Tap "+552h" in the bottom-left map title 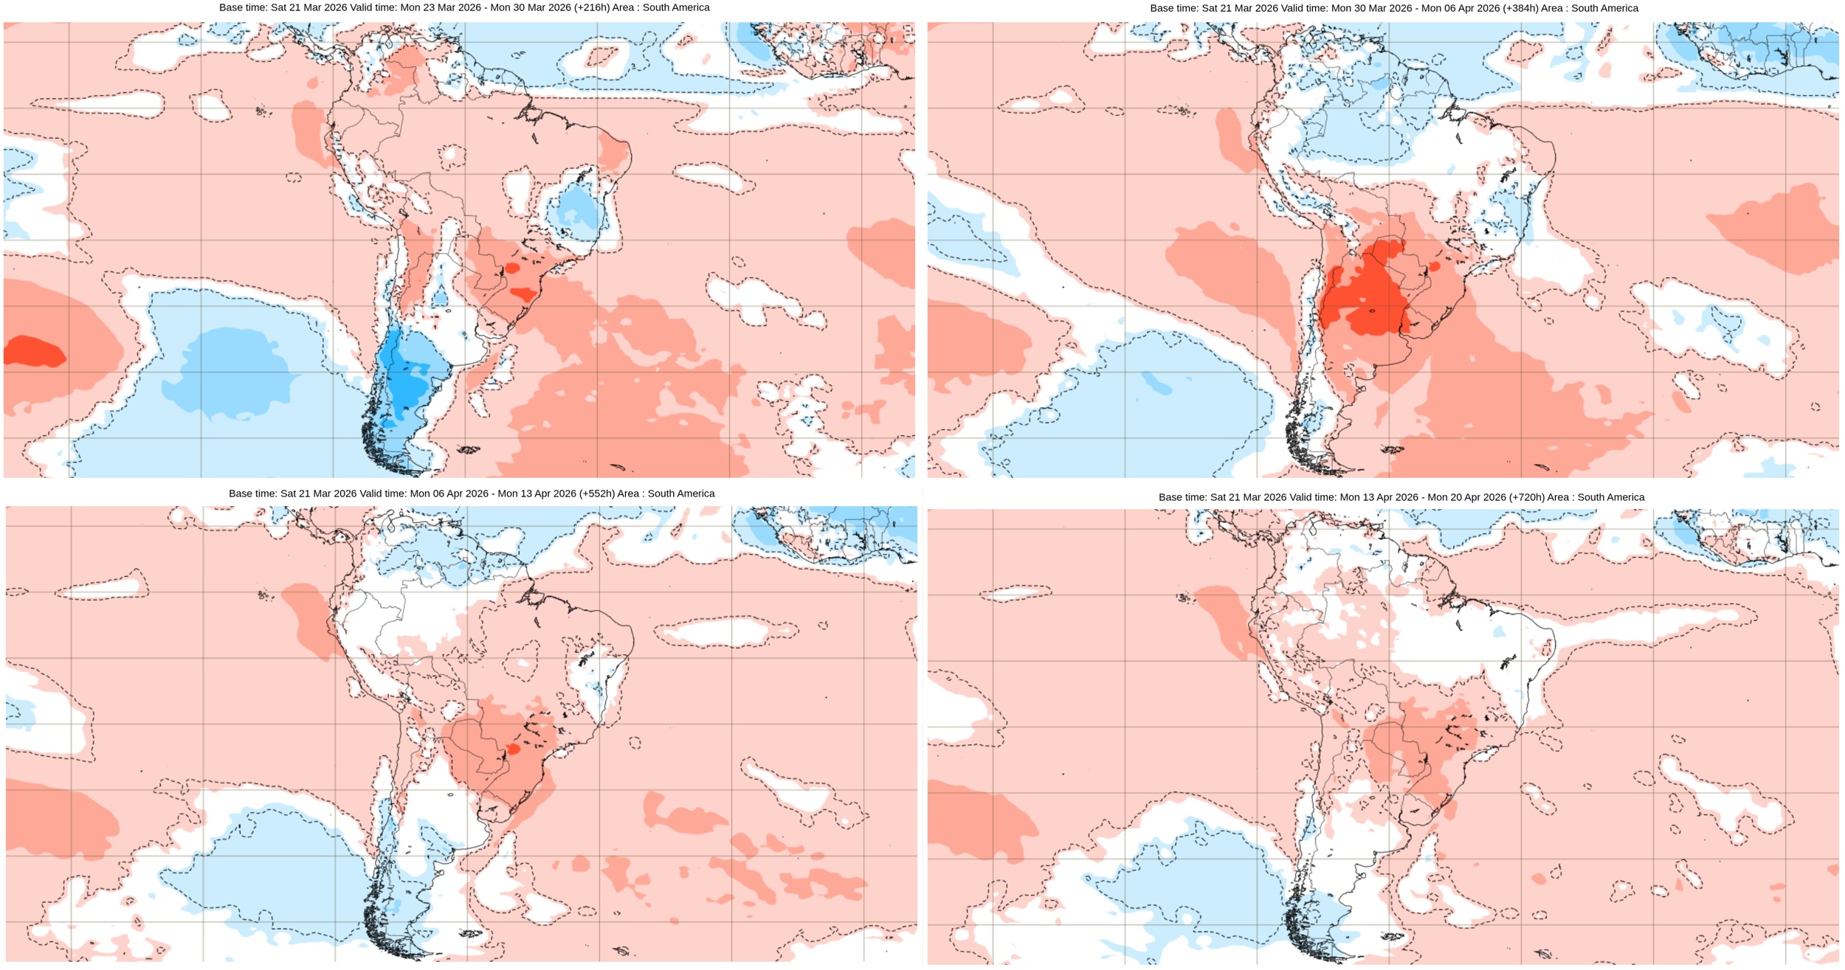coord(597,493)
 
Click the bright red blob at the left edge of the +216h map coord(33,351)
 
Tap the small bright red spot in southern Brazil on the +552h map coord(514,749)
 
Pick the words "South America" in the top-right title coord(1604,8)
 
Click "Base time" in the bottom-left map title coord(252,493)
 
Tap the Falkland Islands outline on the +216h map coord(468,449)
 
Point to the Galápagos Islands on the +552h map coord(261,595)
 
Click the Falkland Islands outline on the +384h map coord(1392,449)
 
